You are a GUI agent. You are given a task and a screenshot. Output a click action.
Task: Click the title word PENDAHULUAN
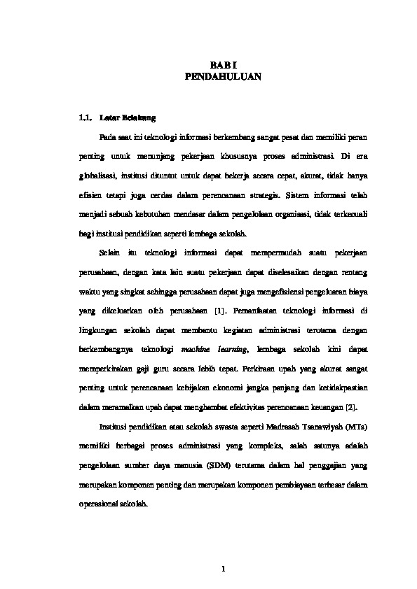pyautogui.click(x=223, y=78)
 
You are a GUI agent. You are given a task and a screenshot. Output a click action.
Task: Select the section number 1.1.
pyautogui.click(x=86, y=117)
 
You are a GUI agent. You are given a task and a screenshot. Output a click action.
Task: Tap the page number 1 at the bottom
pyautogui.click(x=223, y=569)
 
